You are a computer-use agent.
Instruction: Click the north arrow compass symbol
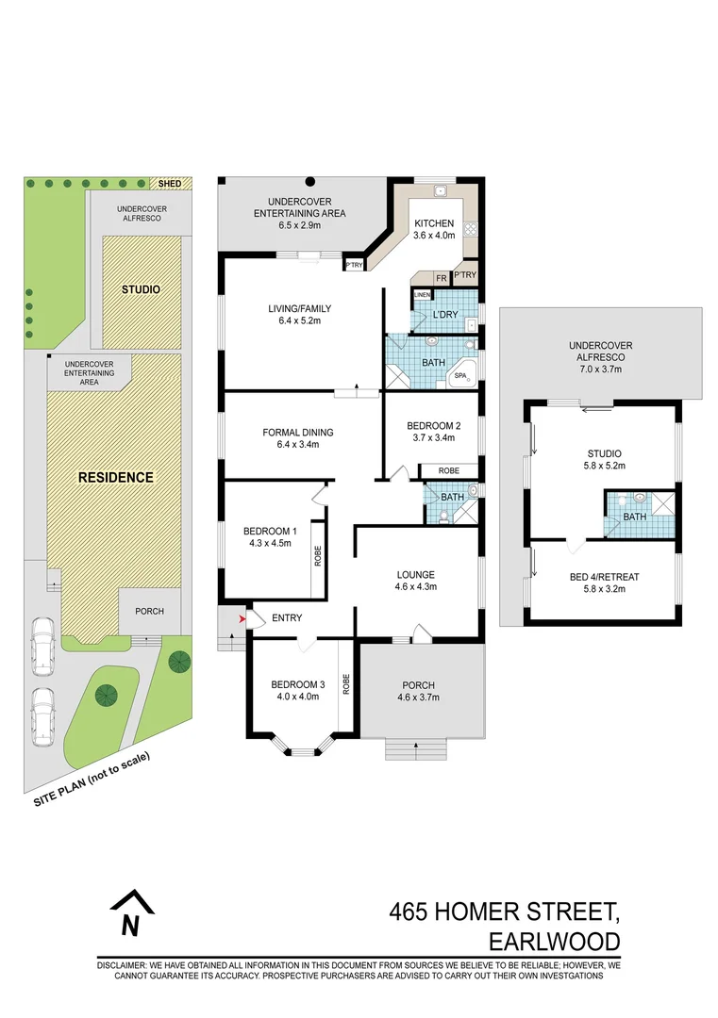tap(131, 911)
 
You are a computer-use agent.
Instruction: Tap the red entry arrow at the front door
tap(242, 618)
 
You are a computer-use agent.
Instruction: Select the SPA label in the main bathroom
tap(461, 376)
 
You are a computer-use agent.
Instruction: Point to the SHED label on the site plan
tap(170, 184)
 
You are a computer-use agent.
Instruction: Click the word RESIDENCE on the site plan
tap(116, 477)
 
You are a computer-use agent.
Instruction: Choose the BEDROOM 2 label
tap(434, 425)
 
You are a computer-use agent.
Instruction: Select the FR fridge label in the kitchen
tap(441, 278)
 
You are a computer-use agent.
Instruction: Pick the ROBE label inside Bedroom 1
tap(318, 558)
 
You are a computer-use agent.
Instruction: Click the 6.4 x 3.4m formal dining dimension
tap(298, 445)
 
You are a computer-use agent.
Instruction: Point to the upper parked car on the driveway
tap(42, 648)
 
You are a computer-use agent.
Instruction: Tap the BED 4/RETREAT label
tap(604, 576)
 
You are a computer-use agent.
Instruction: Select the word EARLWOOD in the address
tap(554, 941)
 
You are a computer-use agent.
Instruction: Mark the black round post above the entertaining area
tap(309, 181)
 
